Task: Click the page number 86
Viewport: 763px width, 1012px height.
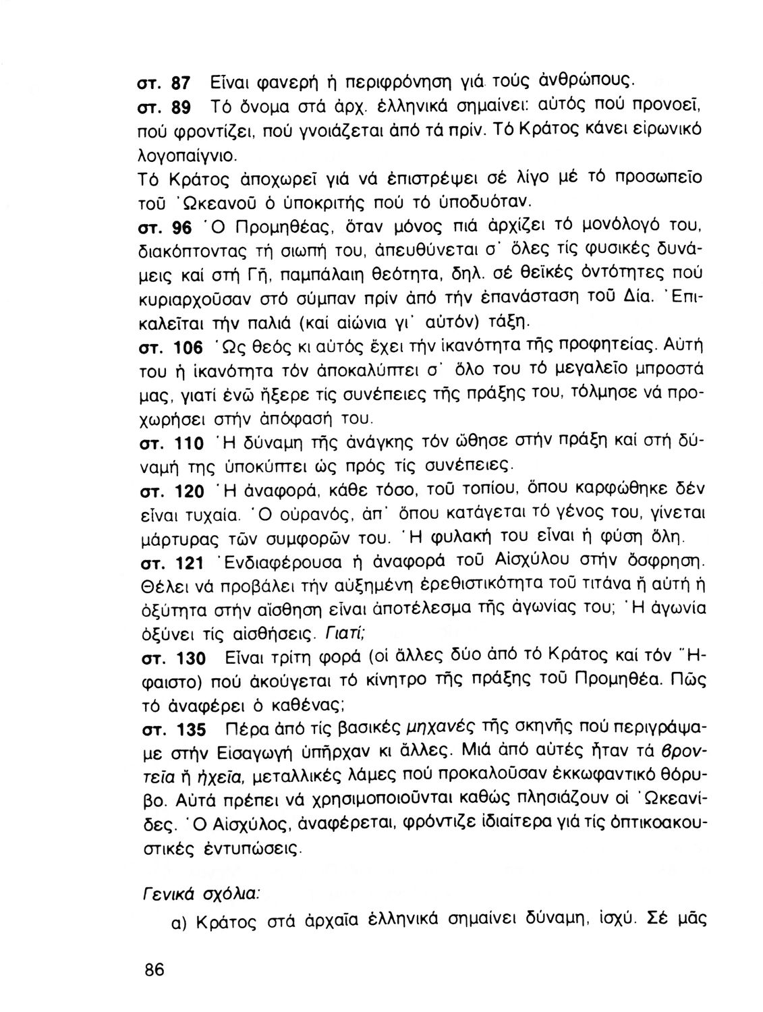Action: coord(154,969)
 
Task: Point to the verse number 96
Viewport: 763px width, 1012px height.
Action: coord(183,229)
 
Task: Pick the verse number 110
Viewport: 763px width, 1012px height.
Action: coord(189,445)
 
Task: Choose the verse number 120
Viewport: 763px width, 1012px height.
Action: coord(189,493)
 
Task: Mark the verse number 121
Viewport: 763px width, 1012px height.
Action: coord(188,563)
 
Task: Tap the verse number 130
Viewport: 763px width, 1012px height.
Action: coord(189,658)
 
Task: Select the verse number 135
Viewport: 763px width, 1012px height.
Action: coord(189,730)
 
